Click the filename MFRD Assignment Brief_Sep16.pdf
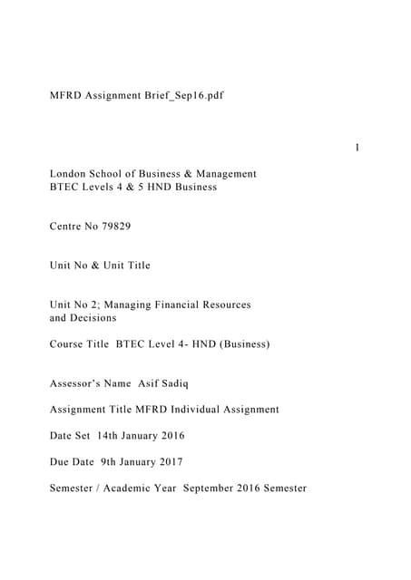[x=136, y=95]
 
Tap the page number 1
[x=357, y=148]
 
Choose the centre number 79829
[x=114, y=226]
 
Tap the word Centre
[x=66, y=226]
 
